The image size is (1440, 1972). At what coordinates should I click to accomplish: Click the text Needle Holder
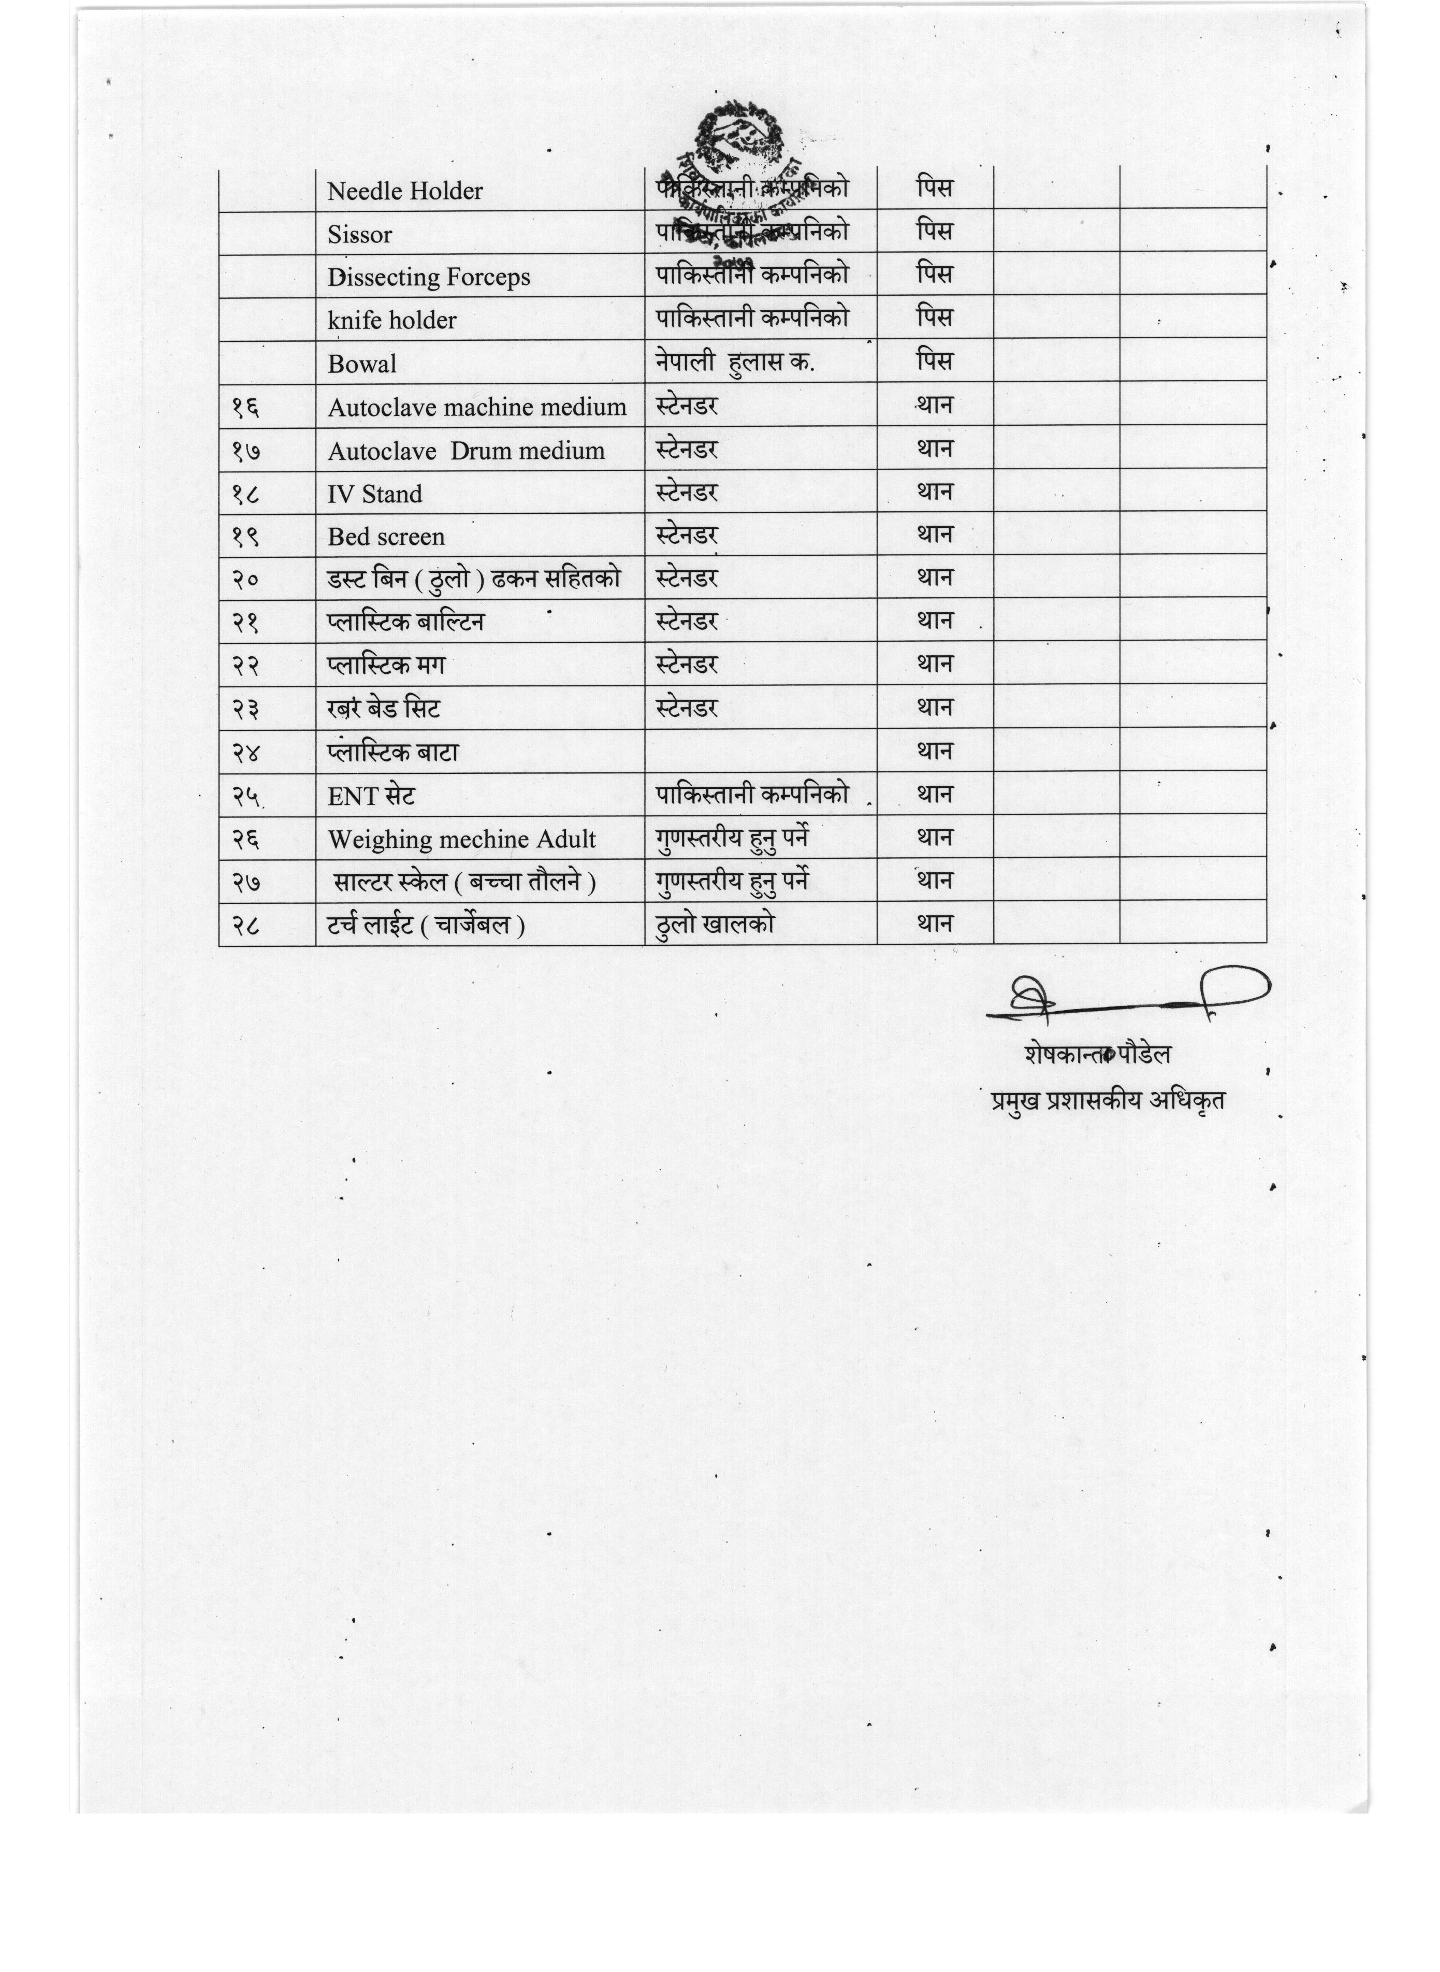(404, 191)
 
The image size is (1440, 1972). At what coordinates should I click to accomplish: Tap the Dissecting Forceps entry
(429, 277)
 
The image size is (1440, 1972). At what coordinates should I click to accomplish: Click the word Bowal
(362, 364)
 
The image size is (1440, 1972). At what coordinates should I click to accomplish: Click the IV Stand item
(375, 494)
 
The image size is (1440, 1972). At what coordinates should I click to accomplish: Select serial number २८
(245, 926)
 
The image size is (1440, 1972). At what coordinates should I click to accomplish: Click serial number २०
(245, 580)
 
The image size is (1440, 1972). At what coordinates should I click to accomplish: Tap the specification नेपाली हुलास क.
(735, 362)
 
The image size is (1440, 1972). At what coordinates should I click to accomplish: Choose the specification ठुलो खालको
(714, 924)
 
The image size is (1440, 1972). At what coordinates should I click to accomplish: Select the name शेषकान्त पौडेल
(1097, 1054)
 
